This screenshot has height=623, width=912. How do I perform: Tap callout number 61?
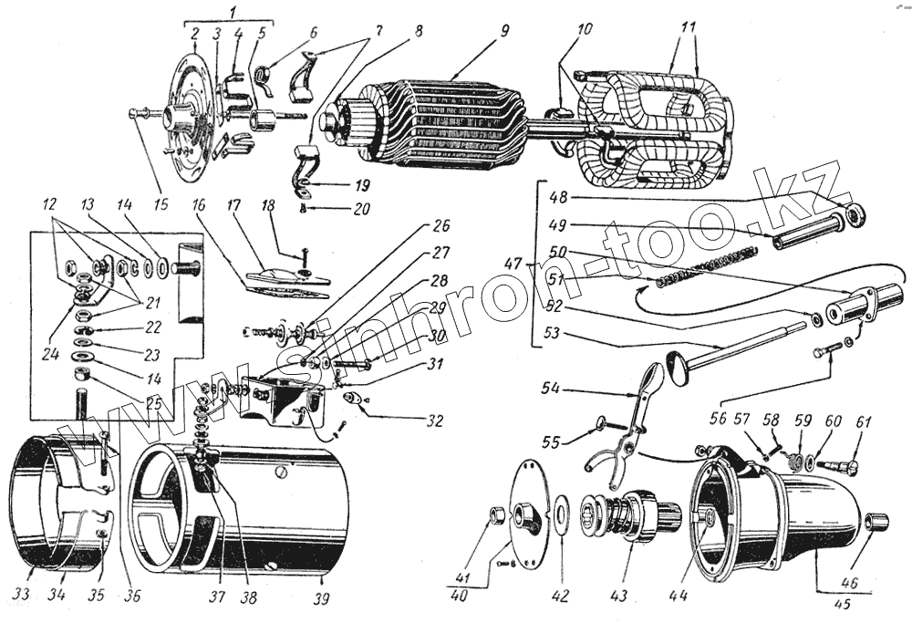pyautogui.click(x=863, y=422)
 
